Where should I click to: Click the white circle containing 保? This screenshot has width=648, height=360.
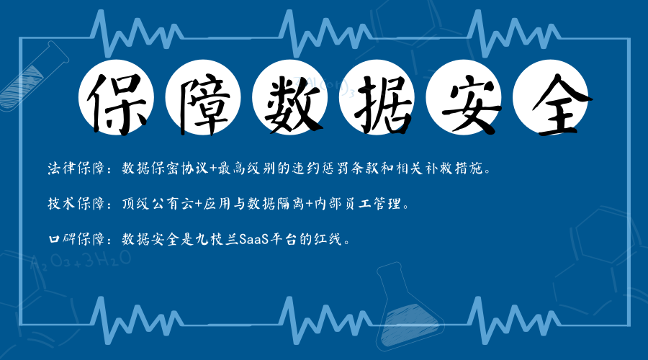point(116,97)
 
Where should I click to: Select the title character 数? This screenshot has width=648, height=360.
point(292,104)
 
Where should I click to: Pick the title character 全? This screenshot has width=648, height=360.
point(561,105)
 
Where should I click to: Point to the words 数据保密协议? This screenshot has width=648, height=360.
point(166,168)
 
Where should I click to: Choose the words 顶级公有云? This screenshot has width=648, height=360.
point(158,203)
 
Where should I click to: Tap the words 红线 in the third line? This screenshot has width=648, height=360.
point(328,239)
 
